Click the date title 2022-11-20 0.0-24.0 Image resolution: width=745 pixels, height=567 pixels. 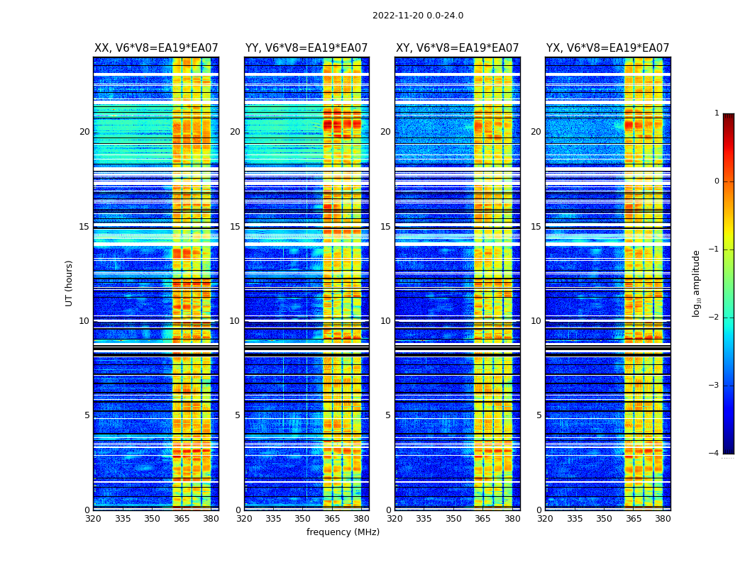click(x=418, y=16)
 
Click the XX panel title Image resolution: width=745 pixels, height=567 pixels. click(x=156, y=48)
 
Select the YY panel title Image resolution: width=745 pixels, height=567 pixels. click(x=307, y=48)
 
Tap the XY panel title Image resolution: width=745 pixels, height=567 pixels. click(x=457, y=48)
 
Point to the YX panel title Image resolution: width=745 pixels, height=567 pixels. click(x=607, y=48)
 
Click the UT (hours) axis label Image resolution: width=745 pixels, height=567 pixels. click(x=69, y=283)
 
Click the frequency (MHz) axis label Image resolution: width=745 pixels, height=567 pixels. click(x=343, y=532)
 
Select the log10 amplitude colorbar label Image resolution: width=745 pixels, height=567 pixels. click(x=697, y=283)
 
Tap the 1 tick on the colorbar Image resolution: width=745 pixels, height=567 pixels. click(x=717, y=113)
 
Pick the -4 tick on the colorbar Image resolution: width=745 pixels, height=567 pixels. click(x=714, y=454)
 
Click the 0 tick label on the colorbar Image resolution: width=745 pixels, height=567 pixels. click(x=717, y=181)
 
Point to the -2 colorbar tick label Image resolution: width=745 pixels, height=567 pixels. click(x=714, y=318)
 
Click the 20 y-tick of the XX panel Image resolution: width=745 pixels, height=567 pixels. click(x=84, y=132)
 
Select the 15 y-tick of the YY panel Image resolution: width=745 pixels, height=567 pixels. click(x=235, y=227)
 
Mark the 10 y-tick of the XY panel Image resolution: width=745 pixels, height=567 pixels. click(x=385, y=321)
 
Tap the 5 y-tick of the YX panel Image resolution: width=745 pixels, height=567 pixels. click(x=539, y=415)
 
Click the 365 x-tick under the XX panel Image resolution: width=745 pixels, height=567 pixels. click(x=182, y=519)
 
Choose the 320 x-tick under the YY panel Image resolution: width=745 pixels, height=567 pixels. click(x=244, y=519)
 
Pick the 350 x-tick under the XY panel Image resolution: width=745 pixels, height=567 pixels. click(x=453, y=519)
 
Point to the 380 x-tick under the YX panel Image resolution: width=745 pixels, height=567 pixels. click(x=663, y=519)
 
